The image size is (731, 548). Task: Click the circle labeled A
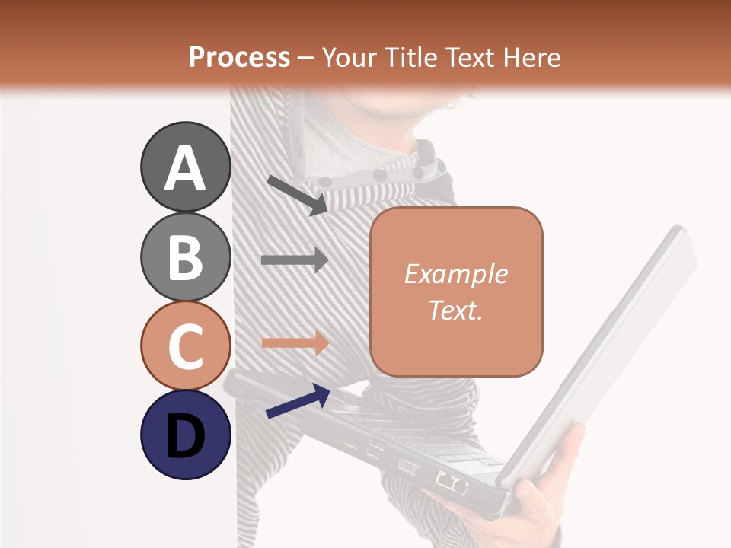pos(185,167)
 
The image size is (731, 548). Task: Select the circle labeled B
pos(185,257)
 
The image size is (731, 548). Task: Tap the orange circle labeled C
pos(185,346)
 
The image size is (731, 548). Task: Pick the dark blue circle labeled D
pos(185,435)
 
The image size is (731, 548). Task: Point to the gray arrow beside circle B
pos(295,260)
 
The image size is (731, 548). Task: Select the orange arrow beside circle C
pos(295,342)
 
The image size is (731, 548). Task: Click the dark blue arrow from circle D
pos(298,400)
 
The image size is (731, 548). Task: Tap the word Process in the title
pos(239,57)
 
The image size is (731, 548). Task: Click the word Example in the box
pos(455,274)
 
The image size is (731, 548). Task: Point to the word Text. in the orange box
pos(455,310)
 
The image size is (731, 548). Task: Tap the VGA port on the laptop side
pos(407,467)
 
